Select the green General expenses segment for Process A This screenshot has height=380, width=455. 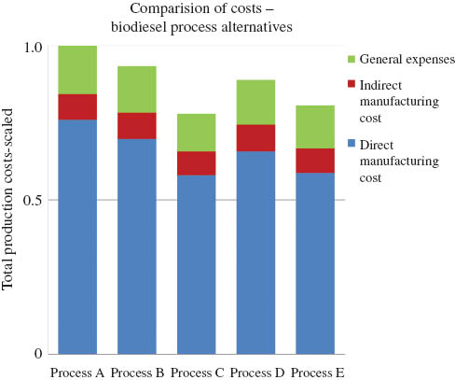click(77, 69)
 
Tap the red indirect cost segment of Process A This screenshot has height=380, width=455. click(77, 106)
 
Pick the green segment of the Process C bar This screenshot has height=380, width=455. click(196, 133)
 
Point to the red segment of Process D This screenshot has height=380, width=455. click(255, 137)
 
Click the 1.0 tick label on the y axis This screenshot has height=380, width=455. click(34, 48)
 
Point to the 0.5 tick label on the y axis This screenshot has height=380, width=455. click(34, 200)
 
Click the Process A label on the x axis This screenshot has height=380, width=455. click(76, 372)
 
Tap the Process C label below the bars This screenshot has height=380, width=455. click(196, 372)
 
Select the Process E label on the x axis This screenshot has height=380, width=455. click(315, 372)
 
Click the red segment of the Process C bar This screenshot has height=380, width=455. click(196, 162)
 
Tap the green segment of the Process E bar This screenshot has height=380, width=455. click(314, 127)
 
